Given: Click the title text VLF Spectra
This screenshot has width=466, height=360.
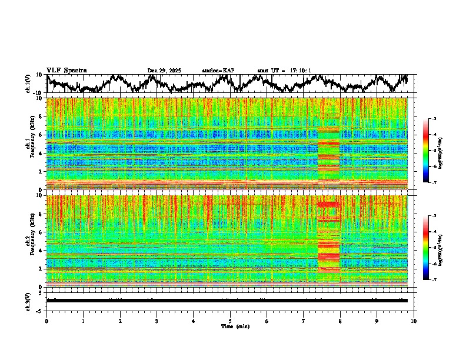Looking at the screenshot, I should click(x=66, y=71).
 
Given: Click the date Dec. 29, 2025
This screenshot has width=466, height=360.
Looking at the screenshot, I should click(x=164, y=71).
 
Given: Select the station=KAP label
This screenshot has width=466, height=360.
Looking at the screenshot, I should click(x=218, y=71).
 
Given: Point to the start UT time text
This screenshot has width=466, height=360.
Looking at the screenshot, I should click(x=284, y=71).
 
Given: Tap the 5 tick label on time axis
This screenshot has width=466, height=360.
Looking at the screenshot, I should click(x=230, y=321).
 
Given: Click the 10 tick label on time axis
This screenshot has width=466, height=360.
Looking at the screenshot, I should click(x=414, y=321).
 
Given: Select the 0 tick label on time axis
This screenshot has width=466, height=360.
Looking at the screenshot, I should click(x=46, y=321).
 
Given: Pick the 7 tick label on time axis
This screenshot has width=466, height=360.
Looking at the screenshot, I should click(x=304, y=321).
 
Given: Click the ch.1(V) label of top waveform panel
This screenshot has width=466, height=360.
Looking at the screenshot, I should click(x=28, y=84).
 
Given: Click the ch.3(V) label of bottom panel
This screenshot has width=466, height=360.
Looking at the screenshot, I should click(x=28, y=300).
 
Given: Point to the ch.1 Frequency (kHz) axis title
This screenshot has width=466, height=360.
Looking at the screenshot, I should click(x=31, y=144).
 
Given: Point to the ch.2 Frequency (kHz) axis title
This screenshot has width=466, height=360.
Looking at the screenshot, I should click(x=31, y=241).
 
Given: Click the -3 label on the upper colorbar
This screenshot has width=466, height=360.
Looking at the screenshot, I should click(x=434, y=119).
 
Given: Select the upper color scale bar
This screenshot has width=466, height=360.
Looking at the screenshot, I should click(x=426, y=151).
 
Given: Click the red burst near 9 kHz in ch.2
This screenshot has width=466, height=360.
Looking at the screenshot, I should click(x=328, y=204).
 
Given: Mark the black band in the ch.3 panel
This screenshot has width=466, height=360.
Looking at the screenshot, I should click(x=227, y=301).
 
